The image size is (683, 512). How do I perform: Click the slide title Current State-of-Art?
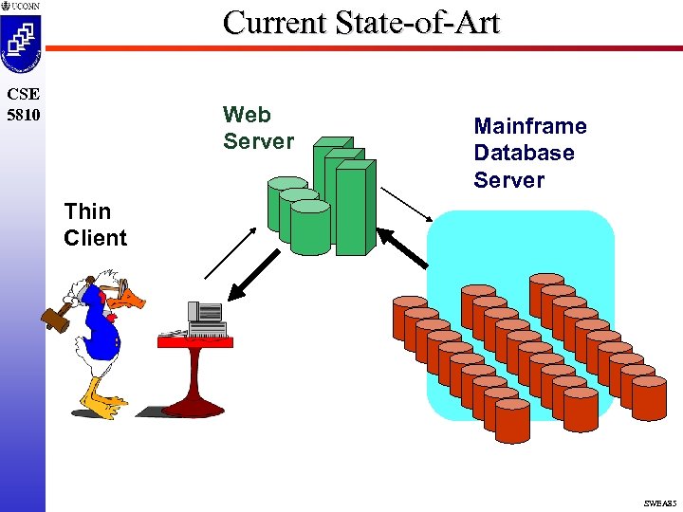click(x=360, y=22)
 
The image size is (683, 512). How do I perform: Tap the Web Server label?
click(x=258, y=128)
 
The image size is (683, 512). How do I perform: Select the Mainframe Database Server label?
click(x=529, y=153)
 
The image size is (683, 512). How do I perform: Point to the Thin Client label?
click(x=95, y=225)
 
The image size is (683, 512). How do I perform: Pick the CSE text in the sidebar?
click(x=22, y=95)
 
